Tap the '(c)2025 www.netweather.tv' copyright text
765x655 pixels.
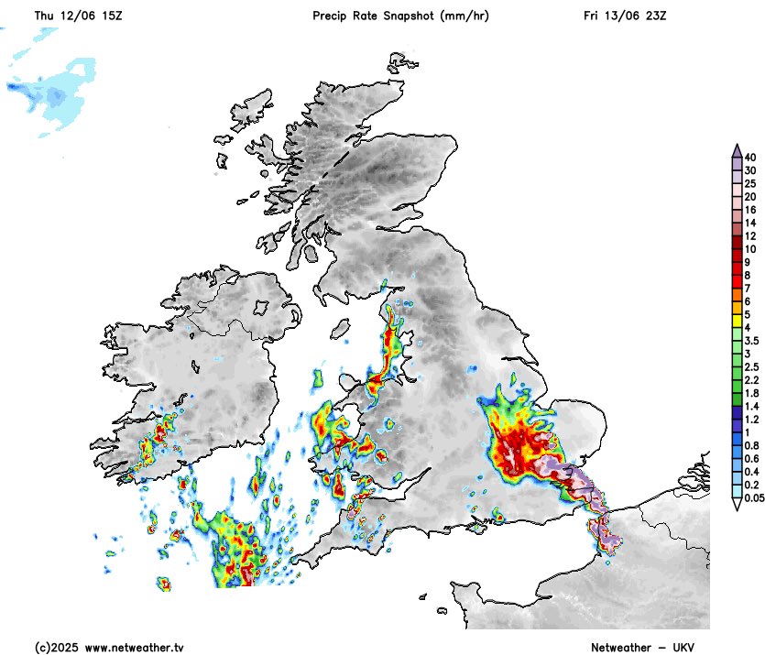click(109, 647)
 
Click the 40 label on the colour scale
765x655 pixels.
click(749, 158)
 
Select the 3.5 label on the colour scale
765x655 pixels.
click(750, 340)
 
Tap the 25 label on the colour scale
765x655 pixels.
click(749, 183)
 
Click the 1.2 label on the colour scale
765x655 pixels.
click(750, 419)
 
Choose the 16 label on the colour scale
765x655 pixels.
click(749, 210)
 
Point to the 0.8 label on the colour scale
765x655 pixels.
click(750, 445)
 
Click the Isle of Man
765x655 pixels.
click(341, 327)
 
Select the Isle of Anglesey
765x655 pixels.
click(334, 423)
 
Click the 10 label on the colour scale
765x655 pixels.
click(749, 249)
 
